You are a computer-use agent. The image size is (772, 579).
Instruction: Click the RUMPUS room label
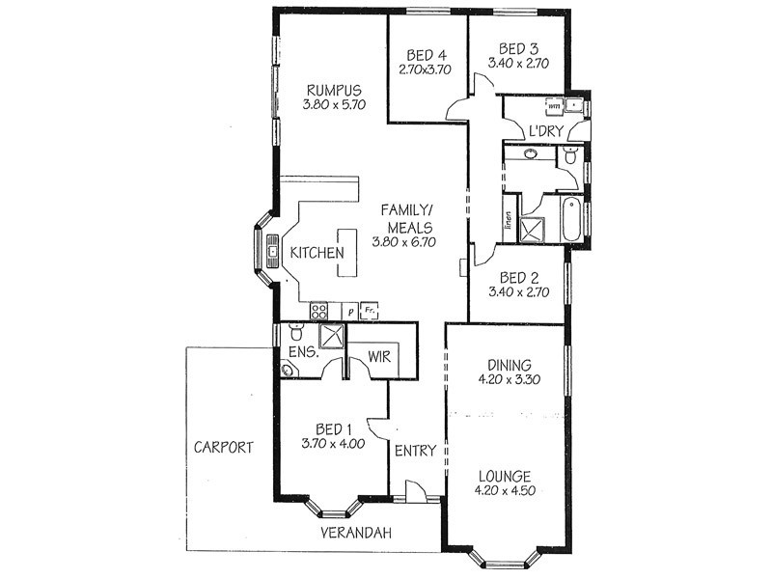[x=327, y=92]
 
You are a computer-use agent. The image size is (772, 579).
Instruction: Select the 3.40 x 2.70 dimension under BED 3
[x=517, y=64]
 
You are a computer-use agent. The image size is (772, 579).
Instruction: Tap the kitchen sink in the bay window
[x=273, y=253]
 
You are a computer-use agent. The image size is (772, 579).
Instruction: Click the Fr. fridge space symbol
[x=369, y=311]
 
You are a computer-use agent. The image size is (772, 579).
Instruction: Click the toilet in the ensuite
[x=295, y=334]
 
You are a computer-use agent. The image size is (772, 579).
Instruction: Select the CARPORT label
[x=223, y=448]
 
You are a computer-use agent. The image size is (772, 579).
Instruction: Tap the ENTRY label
[x=416, y=451]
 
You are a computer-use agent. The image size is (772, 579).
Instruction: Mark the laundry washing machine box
[x=555, y=106]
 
